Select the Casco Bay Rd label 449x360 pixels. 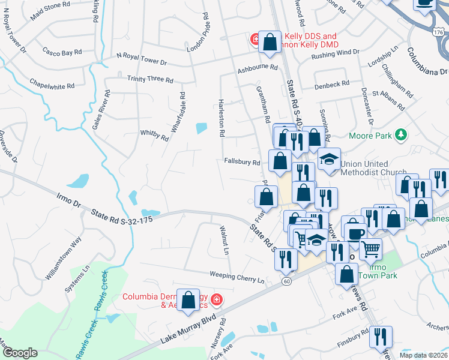tap(62, 53)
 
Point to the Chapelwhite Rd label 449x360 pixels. tap(52, 86)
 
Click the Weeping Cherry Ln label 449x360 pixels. tap(237, 277)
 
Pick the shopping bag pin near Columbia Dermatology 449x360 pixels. tap(188, 300)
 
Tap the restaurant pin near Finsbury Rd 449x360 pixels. tap(381, 337)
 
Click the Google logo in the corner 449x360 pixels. tap(20, 353)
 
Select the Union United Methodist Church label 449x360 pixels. tap(373, 168)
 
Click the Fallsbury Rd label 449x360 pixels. tap(241, 162)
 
